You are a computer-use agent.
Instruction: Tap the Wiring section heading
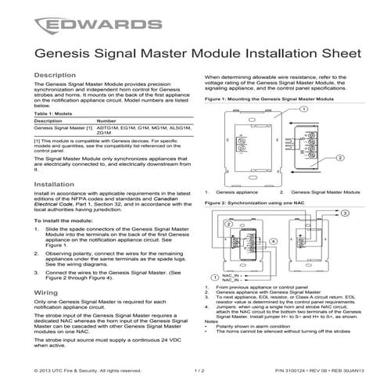tap(45, 292)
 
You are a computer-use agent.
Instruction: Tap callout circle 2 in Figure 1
tap(341, 158)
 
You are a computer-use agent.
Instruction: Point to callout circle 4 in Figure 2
tap(228, 226)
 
